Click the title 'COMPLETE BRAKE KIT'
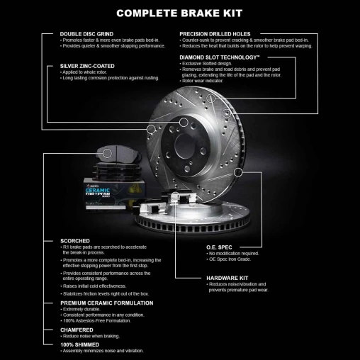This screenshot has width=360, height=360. (x=180, y=13)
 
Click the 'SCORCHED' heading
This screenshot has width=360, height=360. (x=76, y=241)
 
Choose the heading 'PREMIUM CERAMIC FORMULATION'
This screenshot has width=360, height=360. (x=106, y=303)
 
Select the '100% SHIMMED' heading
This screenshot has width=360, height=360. (x=82, y=345)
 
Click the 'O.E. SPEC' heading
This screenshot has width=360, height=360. (x=219, y=247)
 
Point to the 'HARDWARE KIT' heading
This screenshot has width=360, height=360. (x=227, y=278)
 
